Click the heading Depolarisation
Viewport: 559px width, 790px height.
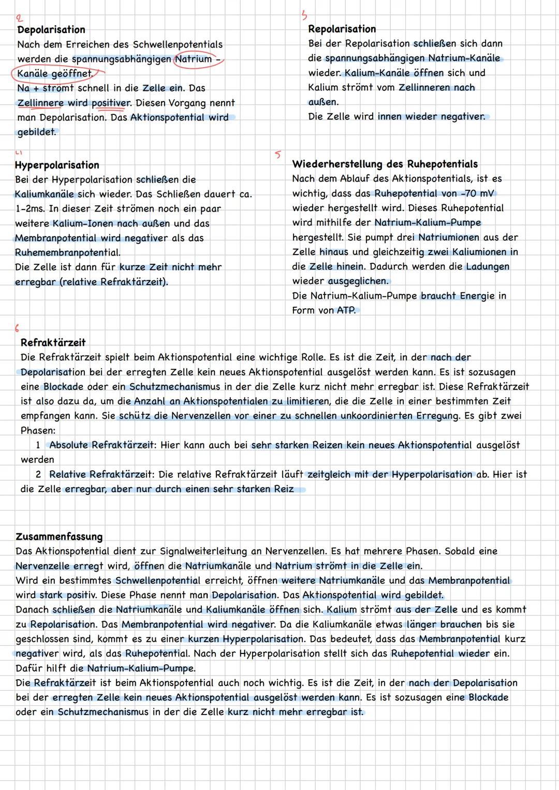click(x=51, y=30)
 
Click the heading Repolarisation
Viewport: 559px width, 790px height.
click(x=342, y=29)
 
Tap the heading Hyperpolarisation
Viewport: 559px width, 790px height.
click(x=57, y=166)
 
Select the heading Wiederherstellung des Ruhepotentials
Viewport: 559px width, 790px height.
click(x=385, y=165)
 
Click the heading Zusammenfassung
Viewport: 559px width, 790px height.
click(x=59, y=537)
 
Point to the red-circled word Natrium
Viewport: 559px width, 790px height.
click(x=194, y=59)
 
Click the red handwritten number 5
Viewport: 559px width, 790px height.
click(x=278, y=154)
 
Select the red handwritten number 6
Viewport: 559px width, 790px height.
click(x=17, y=329)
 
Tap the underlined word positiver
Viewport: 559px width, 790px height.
click(x=111, y=103)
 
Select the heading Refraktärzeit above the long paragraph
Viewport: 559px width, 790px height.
click(x=53, y=343)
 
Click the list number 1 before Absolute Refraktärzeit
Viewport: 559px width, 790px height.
click(x=38, y=445)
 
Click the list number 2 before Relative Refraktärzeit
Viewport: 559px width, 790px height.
click(x=38, y=474)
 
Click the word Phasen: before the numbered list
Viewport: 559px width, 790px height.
click(x=38, y=431)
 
